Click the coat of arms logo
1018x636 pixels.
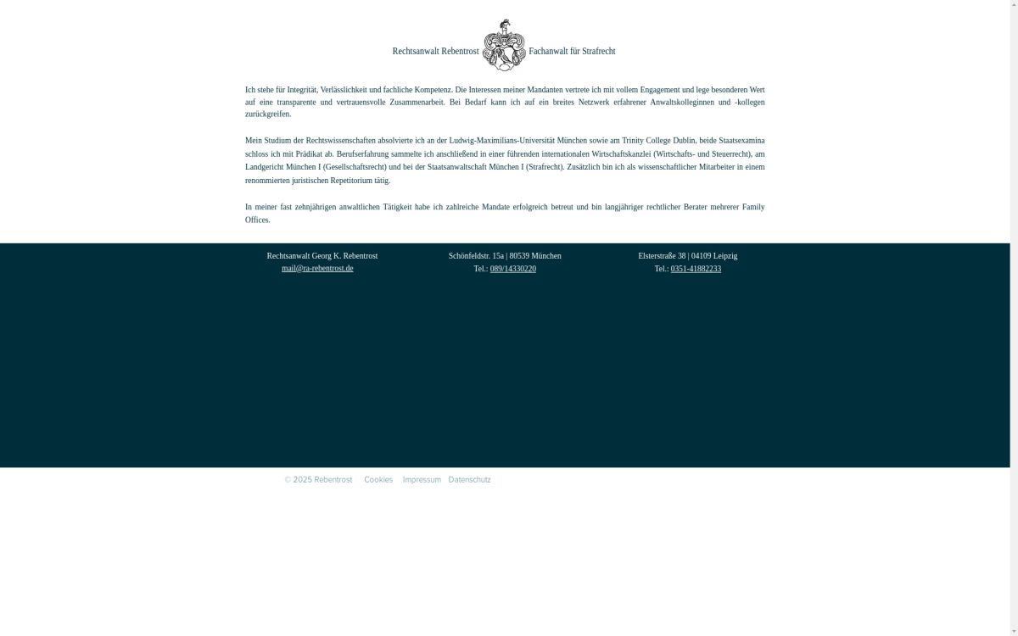[504, 45]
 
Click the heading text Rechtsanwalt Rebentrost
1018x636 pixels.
[435, 52]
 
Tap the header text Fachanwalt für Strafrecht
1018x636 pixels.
[572, 52]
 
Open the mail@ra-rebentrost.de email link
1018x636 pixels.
[317, 269]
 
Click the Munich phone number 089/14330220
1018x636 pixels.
[512, 269]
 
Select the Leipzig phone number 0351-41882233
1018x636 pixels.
[696, 269]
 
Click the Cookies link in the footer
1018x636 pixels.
[378, 480]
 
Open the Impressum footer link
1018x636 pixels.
[422, 480]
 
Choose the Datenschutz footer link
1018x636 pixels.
[469, 480]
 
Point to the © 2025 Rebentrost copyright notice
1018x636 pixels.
[318, 480]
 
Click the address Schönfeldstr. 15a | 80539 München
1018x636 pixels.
[505, 256]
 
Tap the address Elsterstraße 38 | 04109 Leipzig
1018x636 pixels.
[687, 256]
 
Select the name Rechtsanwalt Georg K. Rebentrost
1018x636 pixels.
[322, 256]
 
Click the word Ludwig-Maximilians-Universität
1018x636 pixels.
[501, 141]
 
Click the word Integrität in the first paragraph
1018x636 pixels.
[302, 90]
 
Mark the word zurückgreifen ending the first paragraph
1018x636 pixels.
[267, 114]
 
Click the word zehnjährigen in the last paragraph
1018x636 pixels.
[315, 207]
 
